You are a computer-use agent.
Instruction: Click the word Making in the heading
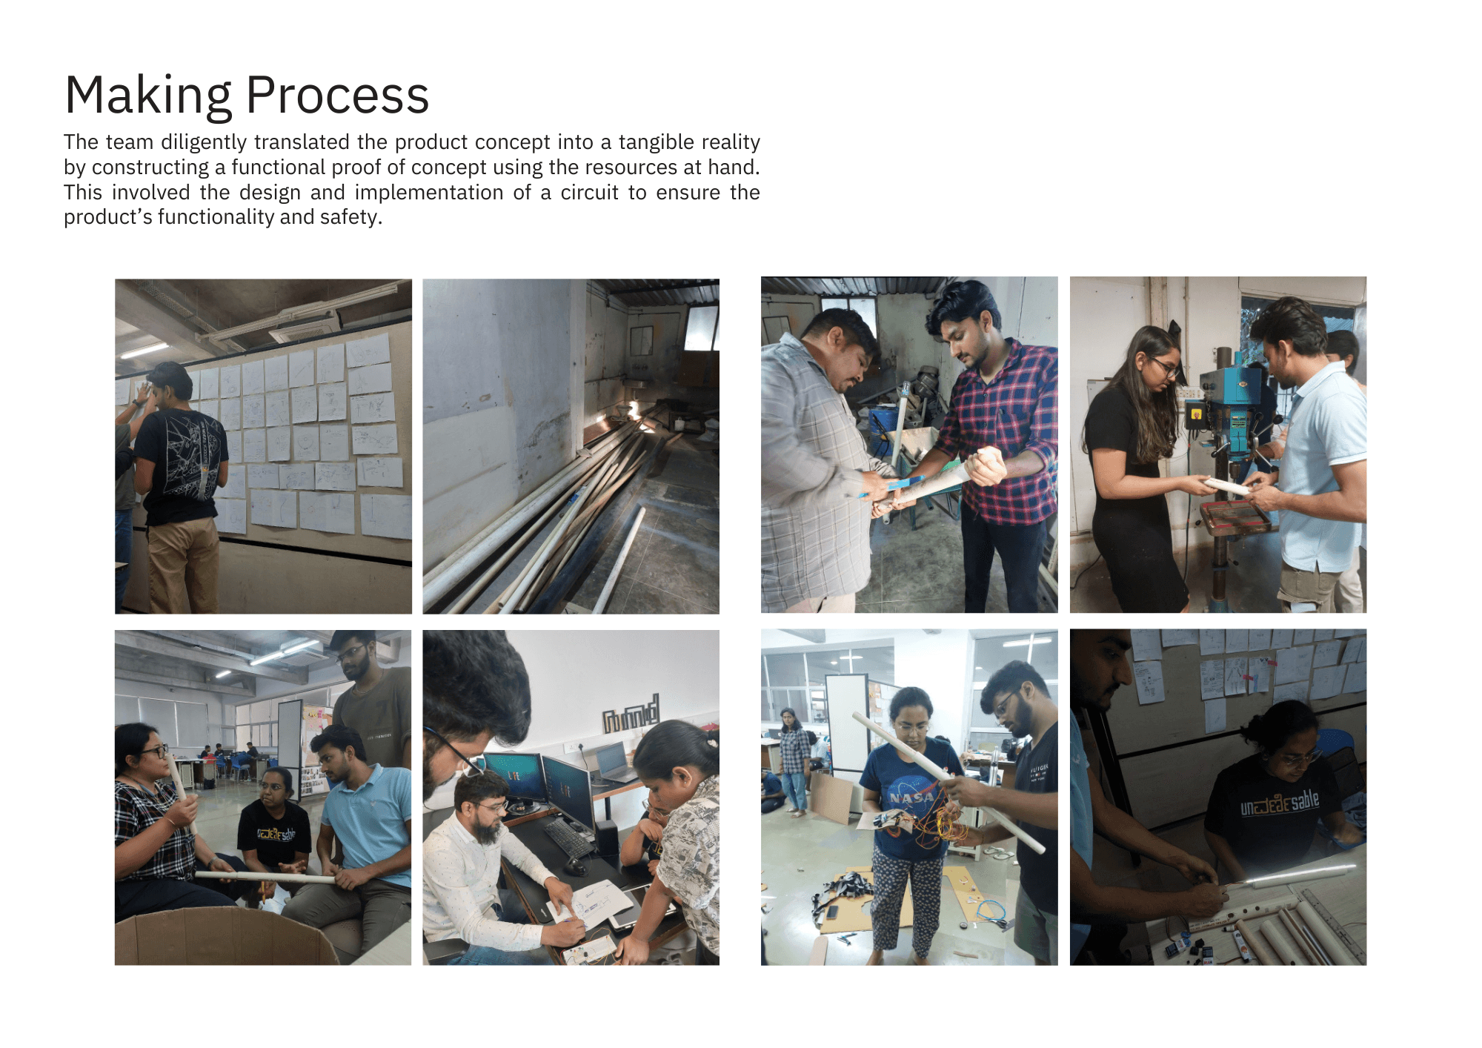click(148, 96)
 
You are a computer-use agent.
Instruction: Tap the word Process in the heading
click(337, 96)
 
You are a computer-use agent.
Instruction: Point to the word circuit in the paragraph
click(589, 192)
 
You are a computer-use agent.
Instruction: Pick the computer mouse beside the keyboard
click(574, 865)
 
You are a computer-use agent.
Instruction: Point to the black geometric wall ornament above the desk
click(631, 714)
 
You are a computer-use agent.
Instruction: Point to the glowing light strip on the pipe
click(1297, 875)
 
